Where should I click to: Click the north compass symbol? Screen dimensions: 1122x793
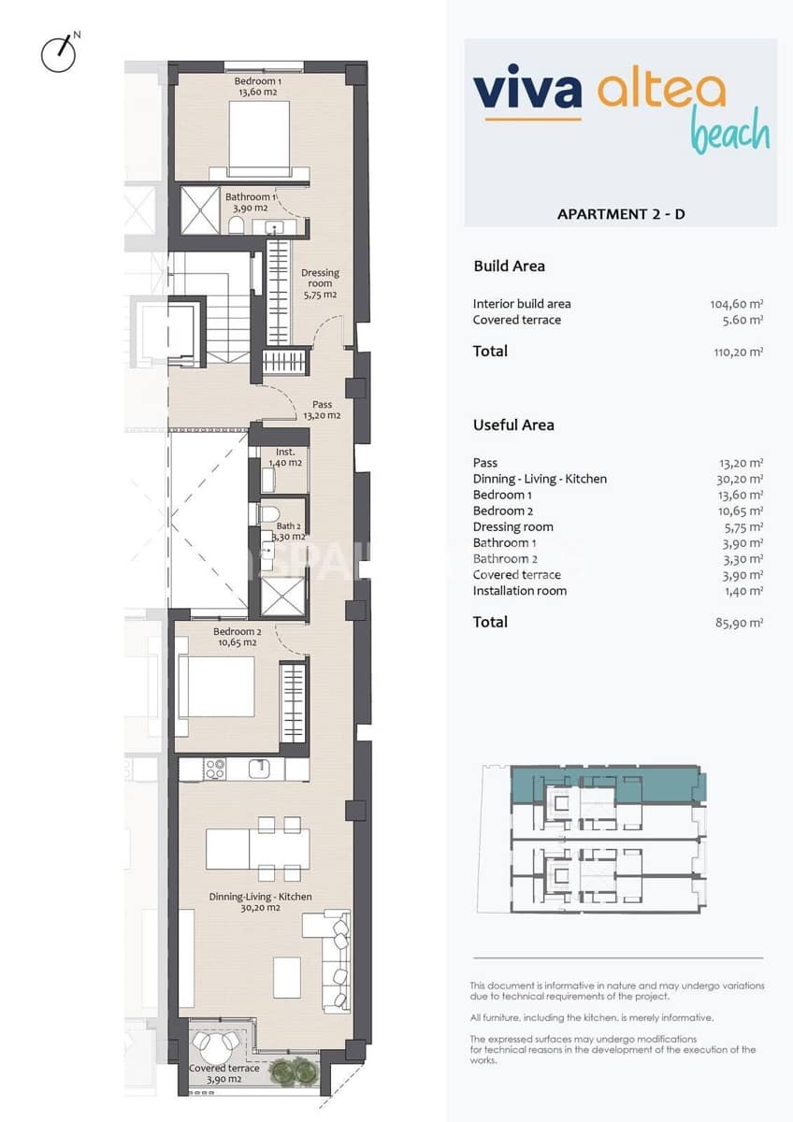pyautogui.click(x=58, y=53)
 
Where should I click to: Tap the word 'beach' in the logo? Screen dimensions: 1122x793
pyautogui.click(x=730, y=133)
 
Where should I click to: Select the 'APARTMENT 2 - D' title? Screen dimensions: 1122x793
pyautogui.click(x=621, y=214)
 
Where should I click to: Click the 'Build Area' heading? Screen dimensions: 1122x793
pyautogui.click(x=509, y=266)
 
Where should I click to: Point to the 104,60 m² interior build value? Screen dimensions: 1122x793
pyautogui.click(x=736, y=304)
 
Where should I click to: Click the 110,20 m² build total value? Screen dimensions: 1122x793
pyautogui.click(x=736, y=352)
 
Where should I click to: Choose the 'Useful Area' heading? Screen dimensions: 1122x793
pyautogui.click(x=513, y=425)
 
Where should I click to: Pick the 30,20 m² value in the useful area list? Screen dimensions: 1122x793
pyautogui.click(x=736, y=479)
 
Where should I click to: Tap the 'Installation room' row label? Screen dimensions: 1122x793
pyautogui.click(x=520, y=591)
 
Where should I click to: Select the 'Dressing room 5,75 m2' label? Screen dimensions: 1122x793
pyautogui.click(x=319, y=283)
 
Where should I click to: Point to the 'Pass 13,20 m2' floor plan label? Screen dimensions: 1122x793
pyautogui.click(x=322, y=410)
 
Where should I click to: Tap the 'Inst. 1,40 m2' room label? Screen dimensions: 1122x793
pyautogui.click(x=285, y=457)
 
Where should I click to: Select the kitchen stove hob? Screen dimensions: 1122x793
pyautogui.click(x=214, y=770)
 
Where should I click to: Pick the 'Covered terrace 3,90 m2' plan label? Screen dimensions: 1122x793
pyautogui.click(x=224, y=1073)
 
